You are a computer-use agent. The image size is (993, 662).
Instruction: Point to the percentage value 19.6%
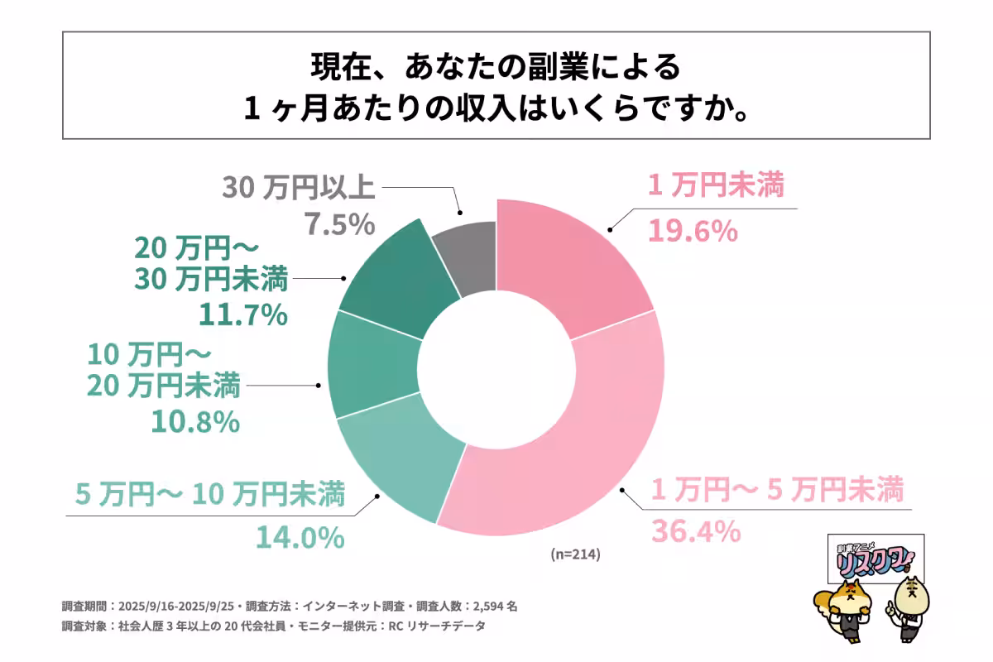(x=692, y=231)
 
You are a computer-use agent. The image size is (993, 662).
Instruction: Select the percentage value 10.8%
(x=194, y=422)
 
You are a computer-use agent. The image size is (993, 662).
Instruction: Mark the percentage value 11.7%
(x=242, y=314)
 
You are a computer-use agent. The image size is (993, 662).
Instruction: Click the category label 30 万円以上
(x=299, y=188)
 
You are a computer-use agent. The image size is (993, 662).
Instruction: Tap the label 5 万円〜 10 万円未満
(x=211, y=495)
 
